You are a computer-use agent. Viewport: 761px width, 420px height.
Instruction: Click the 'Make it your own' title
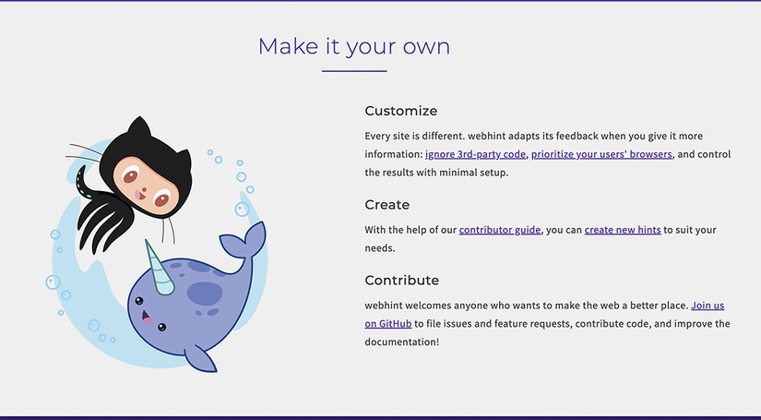pyautogui.click(x=354, y=47)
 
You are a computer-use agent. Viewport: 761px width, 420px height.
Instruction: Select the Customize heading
pyautogui.click(x=401, y=111)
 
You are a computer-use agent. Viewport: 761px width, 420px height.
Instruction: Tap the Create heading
pyautogui.click(x=386, y=204)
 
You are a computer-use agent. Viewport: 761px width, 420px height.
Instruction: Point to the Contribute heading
pyautogui.click(x=402, y=281)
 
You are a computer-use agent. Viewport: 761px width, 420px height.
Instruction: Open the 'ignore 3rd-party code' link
pyautogui.click(x=475, y=154)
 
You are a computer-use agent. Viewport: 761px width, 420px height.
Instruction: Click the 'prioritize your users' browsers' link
pyautogui.click(x=601, y=154)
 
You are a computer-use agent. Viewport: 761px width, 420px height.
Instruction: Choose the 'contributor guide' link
pyautogui.click(x=500, y=230)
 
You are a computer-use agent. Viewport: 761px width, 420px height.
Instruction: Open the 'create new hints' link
pyautogui.click(x=623, y=230)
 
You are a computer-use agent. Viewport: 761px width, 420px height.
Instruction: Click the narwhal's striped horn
pyautogui.click(x=160, y=268)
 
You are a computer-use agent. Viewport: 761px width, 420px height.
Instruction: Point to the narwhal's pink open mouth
pyautogui.click(x=146, y=318)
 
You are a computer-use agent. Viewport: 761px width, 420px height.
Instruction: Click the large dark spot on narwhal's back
pyautogui.click(x=205, y=294)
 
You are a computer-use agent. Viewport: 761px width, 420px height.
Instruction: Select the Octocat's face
pyautogui.click(x=146, y=185)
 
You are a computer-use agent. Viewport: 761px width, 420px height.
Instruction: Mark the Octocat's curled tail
pyautogui.click(x=83, y=183)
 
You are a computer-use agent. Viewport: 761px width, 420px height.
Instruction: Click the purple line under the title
pyautogui.click(x=354, y=71)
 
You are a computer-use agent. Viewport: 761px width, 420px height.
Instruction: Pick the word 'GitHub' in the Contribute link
pyautogui.click(x=395, y=324)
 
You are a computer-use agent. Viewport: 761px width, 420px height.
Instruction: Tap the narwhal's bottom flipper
pyautogui.click(x=200, y=359)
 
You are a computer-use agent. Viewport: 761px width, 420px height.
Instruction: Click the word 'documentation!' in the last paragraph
pyautogui.click(x=402, y=342)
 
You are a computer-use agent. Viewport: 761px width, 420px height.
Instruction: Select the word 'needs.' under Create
pyautogui.click(x=380, y=248)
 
